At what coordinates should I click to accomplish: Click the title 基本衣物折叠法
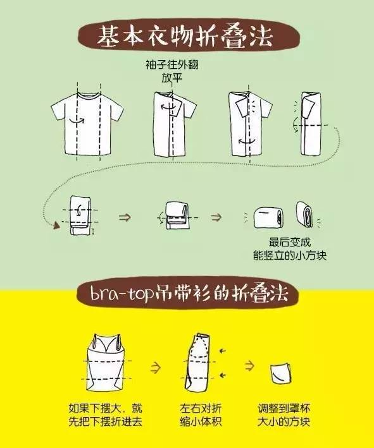click(185, 37)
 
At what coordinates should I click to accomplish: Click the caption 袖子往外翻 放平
click(171, 71)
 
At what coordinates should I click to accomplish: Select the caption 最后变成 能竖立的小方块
click(290, 248)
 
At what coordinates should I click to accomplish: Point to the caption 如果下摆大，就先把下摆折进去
click(105, 415)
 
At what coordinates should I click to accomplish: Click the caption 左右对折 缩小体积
click(201, 415)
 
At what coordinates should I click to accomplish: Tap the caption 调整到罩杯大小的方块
click(284, 415)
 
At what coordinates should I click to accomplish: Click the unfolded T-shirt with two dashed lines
click(87, 123)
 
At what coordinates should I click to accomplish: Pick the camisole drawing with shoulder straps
click(106, 362)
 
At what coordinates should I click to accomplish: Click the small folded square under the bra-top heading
click(281, 374)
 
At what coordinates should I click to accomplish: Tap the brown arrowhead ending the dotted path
click(57, 226)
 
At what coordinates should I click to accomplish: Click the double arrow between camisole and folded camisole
click(155, 367)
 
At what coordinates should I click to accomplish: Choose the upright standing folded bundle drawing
click(305, 215)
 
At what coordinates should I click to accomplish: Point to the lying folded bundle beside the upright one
click(268, 218)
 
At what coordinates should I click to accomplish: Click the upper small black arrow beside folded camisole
click(222, 351)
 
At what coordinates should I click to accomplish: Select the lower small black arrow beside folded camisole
click(222, 375)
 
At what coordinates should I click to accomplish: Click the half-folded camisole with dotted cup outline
click(197, 362)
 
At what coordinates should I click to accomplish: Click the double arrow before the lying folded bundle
click(216, 217)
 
